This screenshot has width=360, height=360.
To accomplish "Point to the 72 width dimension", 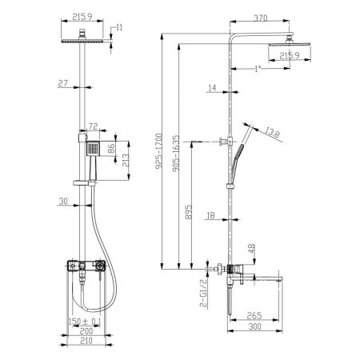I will (x=92, y=126).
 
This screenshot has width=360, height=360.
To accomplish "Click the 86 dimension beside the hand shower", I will (x=112, y=148).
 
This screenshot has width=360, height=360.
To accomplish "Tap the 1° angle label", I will (x=256, y=69).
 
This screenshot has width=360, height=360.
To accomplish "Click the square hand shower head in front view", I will (x=94, y=148).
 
